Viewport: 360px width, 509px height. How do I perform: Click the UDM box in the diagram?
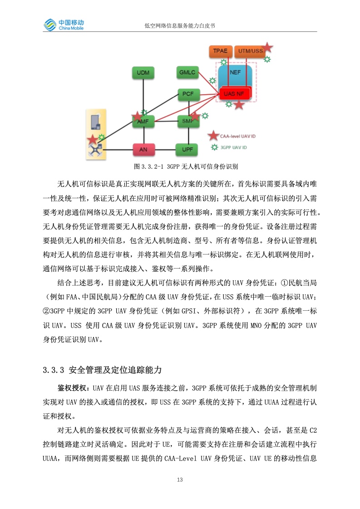click(143, 73)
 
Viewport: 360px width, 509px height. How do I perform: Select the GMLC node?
click(187, 73)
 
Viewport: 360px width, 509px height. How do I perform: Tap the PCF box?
click(187, 94)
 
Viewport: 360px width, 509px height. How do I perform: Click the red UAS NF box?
click(234, 93)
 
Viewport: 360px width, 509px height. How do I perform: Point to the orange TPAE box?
click(220, 51)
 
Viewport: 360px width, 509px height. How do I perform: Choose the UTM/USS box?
click(250, 51)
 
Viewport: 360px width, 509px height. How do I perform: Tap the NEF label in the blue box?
click(235, 73)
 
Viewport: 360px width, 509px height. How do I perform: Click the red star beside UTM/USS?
click(267, 47)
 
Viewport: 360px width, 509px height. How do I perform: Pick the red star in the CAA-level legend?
click(212, 135)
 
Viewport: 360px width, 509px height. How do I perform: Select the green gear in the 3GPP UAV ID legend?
click(214, 147)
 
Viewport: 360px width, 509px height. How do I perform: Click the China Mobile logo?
click(64, 24)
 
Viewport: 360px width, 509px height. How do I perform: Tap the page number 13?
click(180, 480)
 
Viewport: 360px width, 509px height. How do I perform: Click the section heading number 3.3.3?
click(54, 370)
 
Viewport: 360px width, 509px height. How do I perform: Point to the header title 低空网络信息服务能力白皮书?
click(180, 26)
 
